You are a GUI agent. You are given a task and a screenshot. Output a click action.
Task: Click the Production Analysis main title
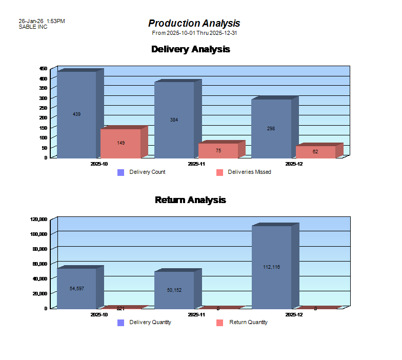194,23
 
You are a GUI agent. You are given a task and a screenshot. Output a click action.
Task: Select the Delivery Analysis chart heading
190,49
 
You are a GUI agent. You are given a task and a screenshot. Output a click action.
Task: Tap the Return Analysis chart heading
190,199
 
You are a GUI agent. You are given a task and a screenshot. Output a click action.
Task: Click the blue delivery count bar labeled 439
76,114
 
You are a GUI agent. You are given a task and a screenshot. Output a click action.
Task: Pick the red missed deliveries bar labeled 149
120,143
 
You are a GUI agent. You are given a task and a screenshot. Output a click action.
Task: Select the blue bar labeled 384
174,120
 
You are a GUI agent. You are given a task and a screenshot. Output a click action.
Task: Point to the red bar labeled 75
218,150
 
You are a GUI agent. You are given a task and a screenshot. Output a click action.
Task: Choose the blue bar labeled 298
271,129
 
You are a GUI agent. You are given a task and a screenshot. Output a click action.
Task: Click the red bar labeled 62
315,152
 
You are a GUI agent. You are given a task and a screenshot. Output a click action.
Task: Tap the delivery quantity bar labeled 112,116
271,267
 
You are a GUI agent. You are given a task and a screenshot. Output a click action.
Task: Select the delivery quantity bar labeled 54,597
76,288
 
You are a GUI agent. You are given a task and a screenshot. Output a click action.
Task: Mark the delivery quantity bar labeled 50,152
174,290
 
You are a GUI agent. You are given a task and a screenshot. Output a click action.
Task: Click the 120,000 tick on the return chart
39,219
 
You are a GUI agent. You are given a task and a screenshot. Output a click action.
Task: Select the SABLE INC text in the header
33,27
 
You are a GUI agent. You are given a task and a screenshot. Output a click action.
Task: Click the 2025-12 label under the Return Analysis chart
293,314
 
